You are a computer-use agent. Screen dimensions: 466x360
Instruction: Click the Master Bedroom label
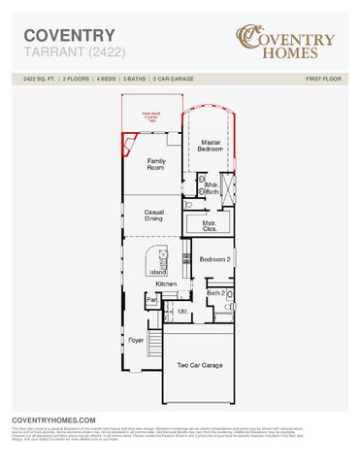(211, 146)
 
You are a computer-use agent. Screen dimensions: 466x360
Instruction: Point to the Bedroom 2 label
(214, 260)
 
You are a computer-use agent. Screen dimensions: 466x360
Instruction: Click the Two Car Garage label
(200, 365)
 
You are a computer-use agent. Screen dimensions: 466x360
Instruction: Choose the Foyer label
(136, 341)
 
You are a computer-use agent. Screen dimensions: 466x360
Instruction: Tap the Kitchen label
(166, 283)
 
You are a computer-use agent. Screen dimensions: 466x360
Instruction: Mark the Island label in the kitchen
(157, 273)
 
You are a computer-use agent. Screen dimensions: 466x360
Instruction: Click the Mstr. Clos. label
(210, 225)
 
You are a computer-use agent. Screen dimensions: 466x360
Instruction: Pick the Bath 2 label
(215, 292)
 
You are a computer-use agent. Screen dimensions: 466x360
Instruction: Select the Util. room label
(181, 311)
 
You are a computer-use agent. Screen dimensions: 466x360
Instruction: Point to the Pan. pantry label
(151, 301)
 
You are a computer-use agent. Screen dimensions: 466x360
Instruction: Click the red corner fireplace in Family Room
(127, 146)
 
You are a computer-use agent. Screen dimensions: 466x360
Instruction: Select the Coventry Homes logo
(285, 44)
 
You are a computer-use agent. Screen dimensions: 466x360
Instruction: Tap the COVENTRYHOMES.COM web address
(53, 420)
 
